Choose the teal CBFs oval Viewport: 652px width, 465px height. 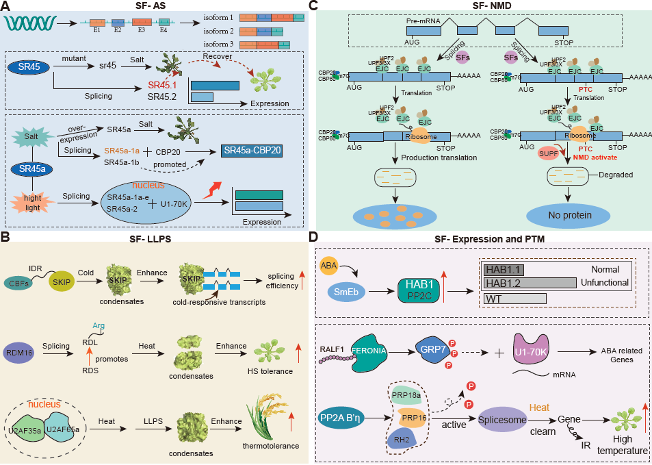click(25, 282)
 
